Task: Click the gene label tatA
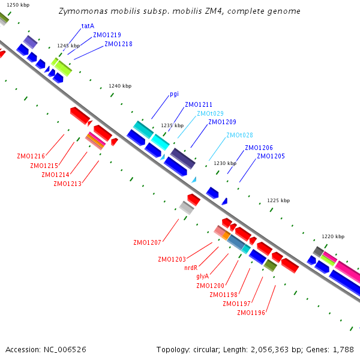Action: [x=88, y=26]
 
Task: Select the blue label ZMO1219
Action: [x=107, y=35]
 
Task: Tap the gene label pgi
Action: [x=174, y=94]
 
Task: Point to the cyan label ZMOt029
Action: [x=211, y=113]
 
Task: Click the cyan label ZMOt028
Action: [x=239, y=135]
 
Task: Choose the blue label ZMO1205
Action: [x=271, y=156]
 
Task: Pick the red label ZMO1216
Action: [x=31, y=156]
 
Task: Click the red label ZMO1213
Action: [x=67, y=184]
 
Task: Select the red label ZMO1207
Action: [x=147, y=242]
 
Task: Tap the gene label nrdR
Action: [x=191, y=268]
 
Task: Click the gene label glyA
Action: [x=203, y=277]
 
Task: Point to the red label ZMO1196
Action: [x=251, y=313]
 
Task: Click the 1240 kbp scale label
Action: [x=120, y=86]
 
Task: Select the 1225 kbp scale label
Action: [x=278, y=200]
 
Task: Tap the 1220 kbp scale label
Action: [x=333, y=236]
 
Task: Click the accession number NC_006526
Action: [x=65, y=350]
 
